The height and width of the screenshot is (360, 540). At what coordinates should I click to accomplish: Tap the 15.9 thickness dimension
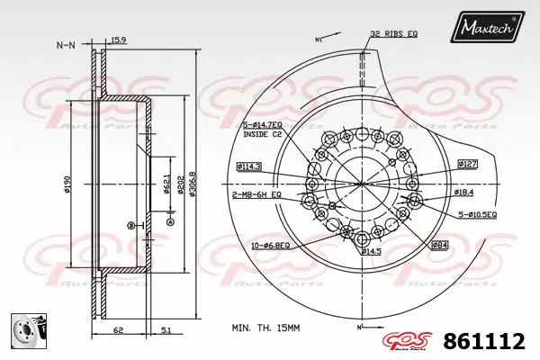[x=118, y=39]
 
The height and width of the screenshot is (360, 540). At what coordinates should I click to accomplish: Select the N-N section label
[x=65, y=44]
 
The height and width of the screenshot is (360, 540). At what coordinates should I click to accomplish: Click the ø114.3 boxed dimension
[x=249, y=166]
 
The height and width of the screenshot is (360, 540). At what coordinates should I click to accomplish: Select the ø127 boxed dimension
[x=468, y=164]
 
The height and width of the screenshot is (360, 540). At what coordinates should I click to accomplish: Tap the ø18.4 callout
[x=464, y=193]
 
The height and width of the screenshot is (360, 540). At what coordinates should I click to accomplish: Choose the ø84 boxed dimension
[x=440, y=244]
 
